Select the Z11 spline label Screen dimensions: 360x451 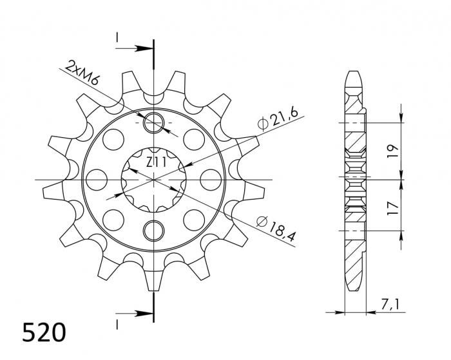point(155,162)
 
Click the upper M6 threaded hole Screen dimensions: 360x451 point(155,122)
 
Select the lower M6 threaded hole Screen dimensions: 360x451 point(155,229)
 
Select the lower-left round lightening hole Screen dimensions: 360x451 point(114,216)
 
